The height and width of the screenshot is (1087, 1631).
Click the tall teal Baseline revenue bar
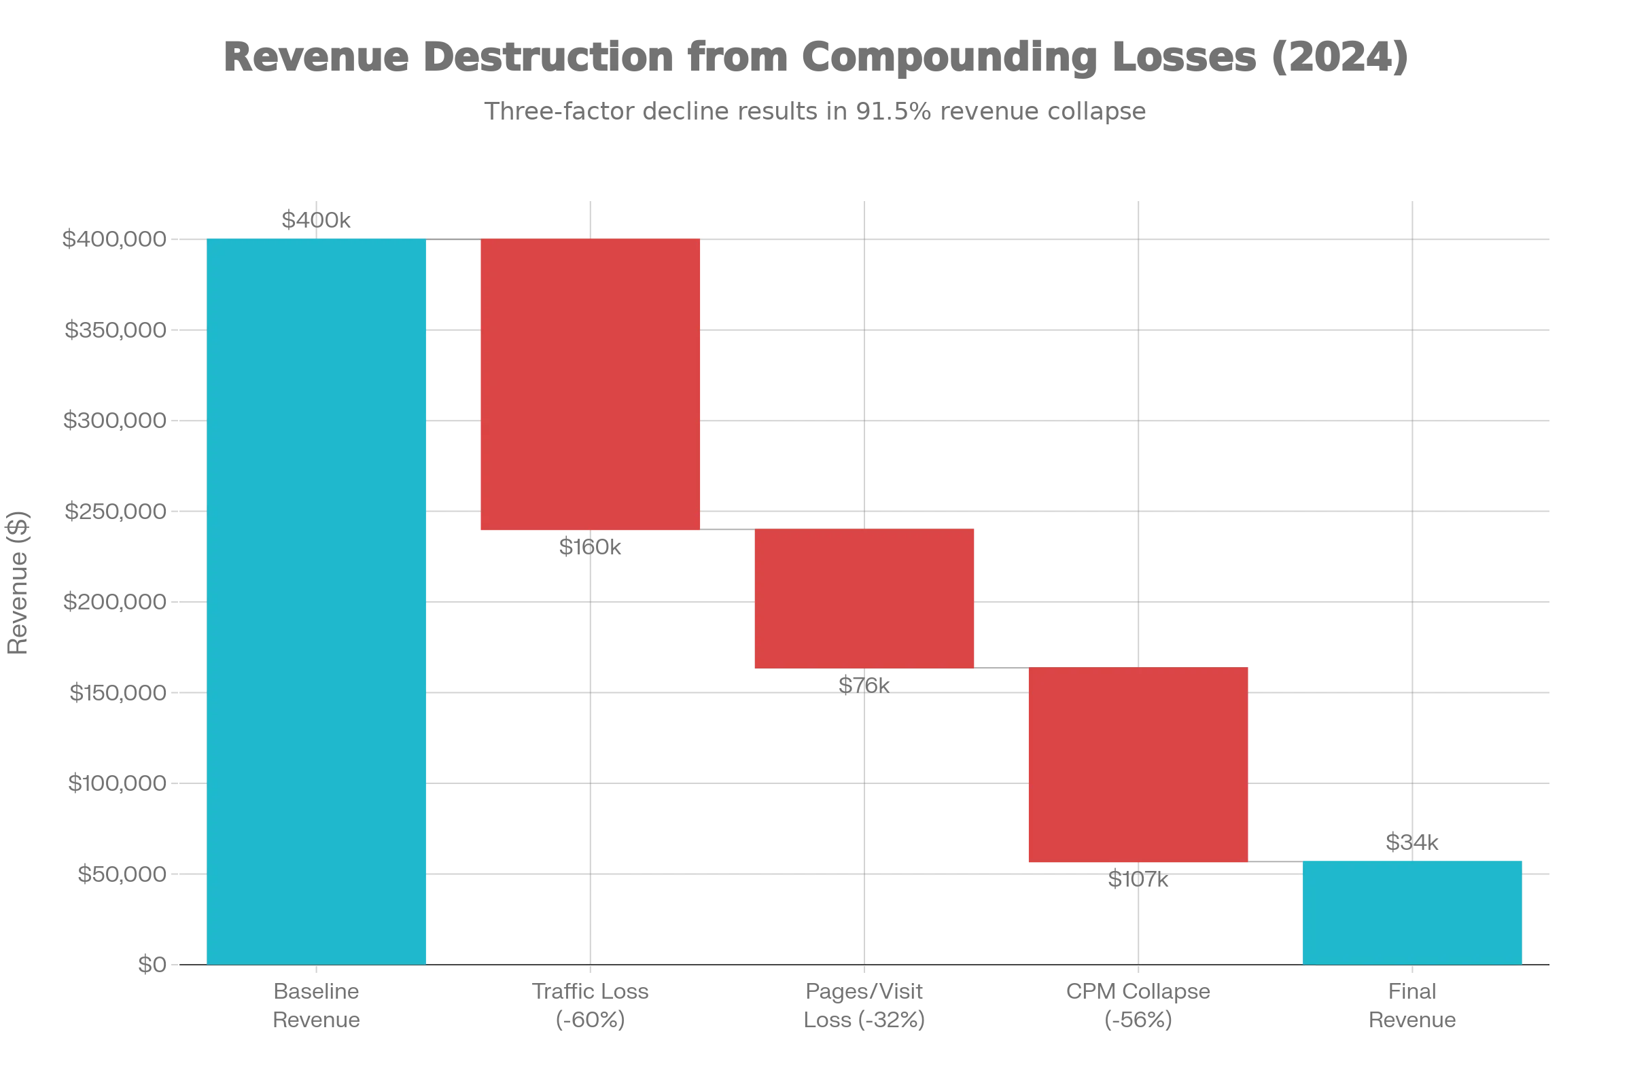[x=317, y=601]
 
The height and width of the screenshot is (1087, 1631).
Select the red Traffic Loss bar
[x=590, y=385]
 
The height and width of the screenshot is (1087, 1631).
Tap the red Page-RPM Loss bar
[x=864, y=598]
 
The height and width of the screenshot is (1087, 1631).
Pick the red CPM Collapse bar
[x=1138, y=764]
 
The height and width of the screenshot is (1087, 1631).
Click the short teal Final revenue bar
[x=1411, y=912]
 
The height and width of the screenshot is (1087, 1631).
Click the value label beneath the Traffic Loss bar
[x=590, y=547]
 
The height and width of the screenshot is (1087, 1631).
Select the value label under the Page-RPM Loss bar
[x=863, y=685]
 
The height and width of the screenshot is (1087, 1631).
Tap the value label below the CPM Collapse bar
[x=1138, y=883]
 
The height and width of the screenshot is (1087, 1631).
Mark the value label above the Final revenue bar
[x=1412, y=843]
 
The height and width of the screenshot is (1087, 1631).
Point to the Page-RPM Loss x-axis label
[x=864, y=1005]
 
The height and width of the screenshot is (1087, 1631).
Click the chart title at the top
[x=815, y=57]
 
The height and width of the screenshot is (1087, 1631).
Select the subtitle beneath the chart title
[x=815, y=110]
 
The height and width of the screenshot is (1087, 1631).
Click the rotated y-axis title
[x=18, y=582]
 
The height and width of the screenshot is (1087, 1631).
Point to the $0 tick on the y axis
[x=152, y=965]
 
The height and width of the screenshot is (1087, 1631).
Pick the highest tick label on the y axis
[x=115, y=240]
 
